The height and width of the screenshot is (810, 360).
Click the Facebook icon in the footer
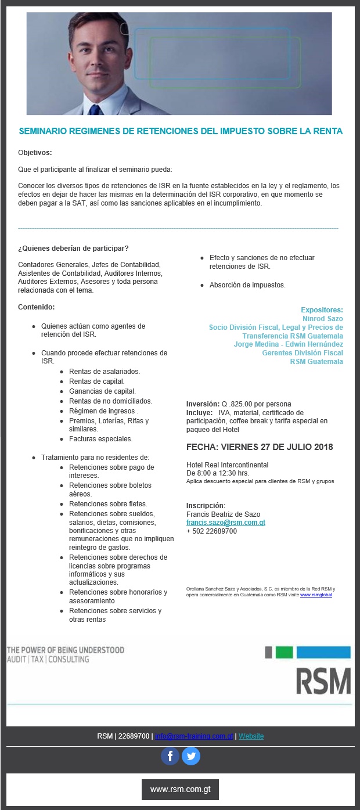click(x=170, y=756)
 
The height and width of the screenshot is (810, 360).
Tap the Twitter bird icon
click(x=191, y=756)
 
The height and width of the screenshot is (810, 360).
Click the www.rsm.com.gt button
click(x=180, y=790)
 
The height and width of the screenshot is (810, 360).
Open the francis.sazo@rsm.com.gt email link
click(x=225, y=523)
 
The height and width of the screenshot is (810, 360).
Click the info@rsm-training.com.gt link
click(x=194, y=736)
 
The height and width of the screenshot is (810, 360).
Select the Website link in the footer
click(x=251, y=736)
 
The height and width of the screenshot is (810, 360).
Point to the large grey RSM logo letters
click(x=323, y=681)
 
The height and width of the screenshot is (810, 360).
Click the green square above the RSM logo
click(x=284, y=652)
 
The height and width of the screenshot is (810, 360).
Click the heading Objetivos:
click(x=35, y=153)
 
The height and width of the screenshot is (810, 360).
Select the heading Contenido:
click(x=36, y=307)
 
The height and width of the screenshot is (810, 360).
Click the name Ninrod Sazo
click(x=322, y=319)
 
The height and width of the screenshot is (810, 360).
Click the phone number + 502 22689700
click(x=211, y=531)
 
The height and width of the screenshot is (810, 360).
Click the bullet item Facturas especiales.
click(x=100, y=439)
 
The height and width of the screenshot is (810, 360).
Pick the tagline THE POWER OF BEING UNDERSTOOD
click(x=66, y=650)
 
